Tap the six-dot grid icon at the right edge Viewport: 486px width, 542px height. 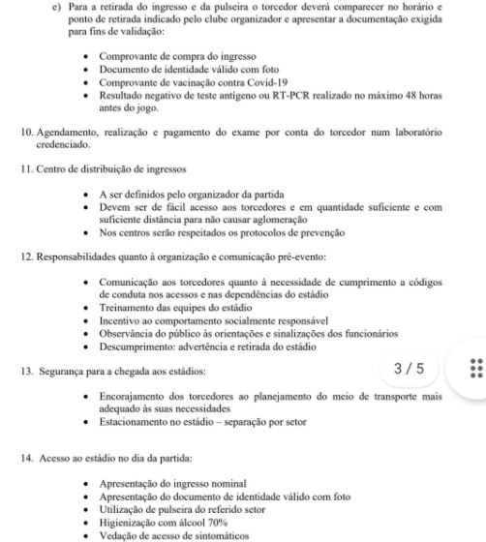point(474,372)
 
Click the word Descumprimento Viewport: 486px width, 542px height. point(144,345)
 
